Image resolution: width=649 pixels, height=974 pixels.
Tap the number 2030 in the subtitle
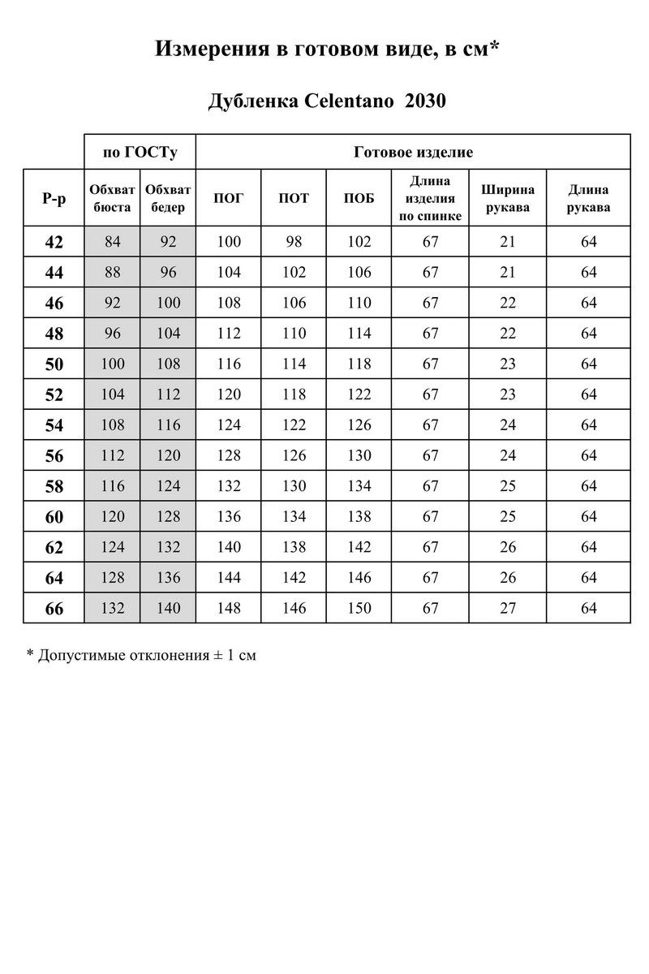(x=425, y=101)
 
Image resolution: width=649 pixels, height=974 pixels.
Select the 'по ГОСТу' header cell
(x=140, y=152)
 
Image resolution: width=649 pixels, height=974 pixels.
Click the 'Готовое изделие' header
(x=414, y=152)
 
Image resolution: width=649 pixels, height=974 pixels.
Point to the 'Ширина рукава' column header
(x=508, y=198)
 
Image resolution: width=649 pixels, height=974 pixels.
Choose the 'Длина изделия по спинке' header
(x=430, y=198)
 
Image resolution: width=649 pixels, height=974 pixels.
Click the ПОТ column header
(x=294, y=198)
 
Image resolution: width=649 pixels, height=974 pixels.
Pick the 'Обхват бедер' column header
(x=168, y=198)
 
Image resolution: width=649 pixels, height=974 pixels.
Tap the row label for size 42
(x=54, y=242)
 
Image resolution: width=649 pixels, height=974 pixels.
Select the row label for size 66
(x=54, y=609)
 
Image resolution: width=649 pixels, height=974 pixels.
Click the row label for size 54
(x=54, y=425)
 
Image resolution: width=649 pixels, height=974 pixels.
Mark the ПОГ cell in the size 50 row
(x=229, y=364)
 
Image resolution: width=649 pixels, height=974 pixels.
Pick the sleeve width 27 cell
(x=508, y=608)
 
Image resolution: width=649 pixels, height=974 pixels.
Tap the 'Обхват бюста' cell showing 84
(x=112, y=242)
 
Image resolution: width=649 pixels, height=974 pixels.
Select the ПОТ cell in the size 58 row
(x=294, y=486)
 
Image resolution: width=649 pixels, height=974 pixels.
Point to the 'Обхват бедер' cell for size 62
(x=168, y=547)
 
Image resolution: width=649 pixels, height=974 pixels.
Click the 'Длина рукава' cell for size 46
(x=588, y=303)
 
